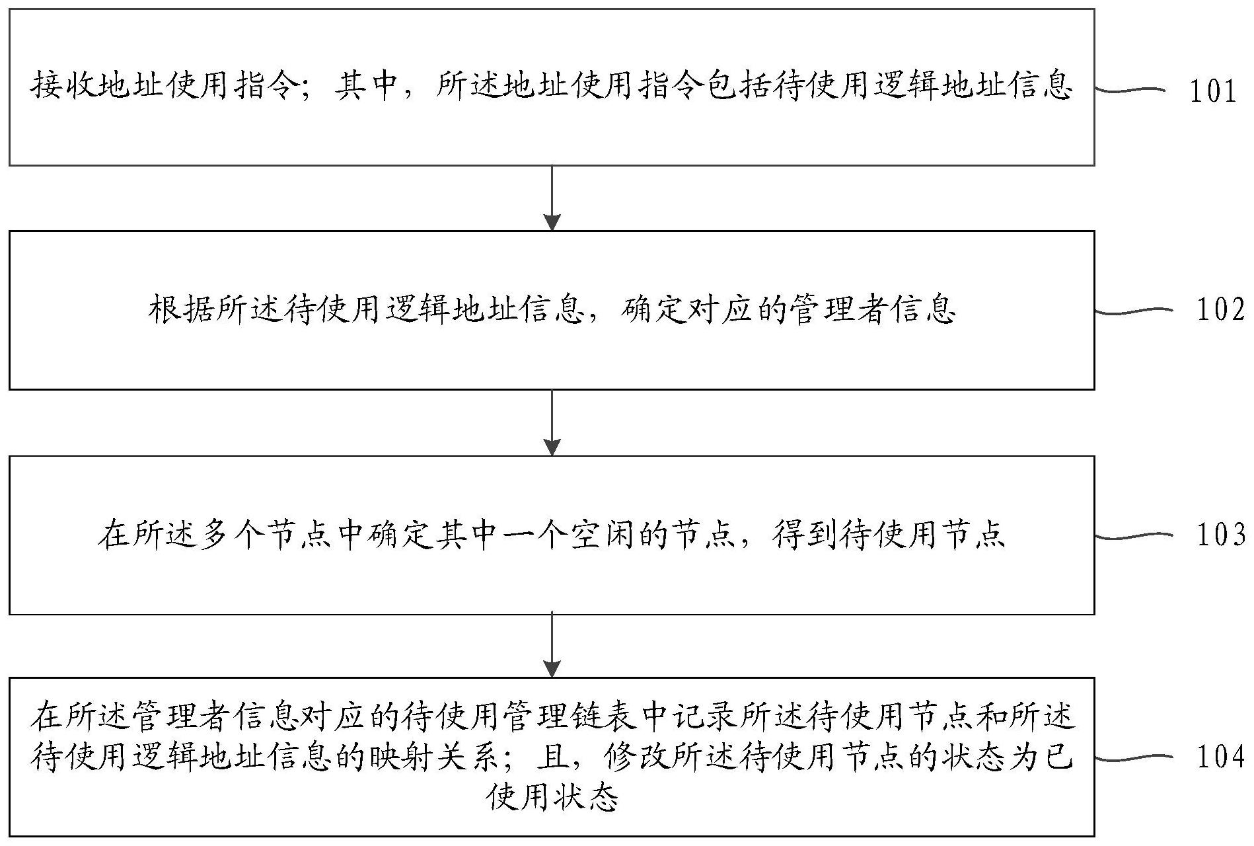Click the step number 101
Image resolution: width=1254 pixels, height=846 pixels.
pyautogui.click(x=1213, y=91)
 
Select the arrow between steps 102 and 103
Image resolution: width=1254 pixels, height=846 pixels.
pyautogui.click(x=552, y=422)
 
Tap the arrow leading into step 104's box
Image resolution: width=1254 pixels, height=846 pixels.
pyautogui.click(x=552, y=645)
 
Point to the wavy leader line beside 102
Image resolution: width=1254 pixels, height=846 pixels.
pyautogui.click(x=1132, y=310)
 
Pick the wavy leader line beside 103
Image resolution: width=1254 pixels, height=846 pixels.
pyautogui.click(x=1132, y=536)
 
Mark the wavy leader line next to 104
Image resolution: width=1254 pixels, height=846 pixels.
pyautogui.click(x=1132, y=757)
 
